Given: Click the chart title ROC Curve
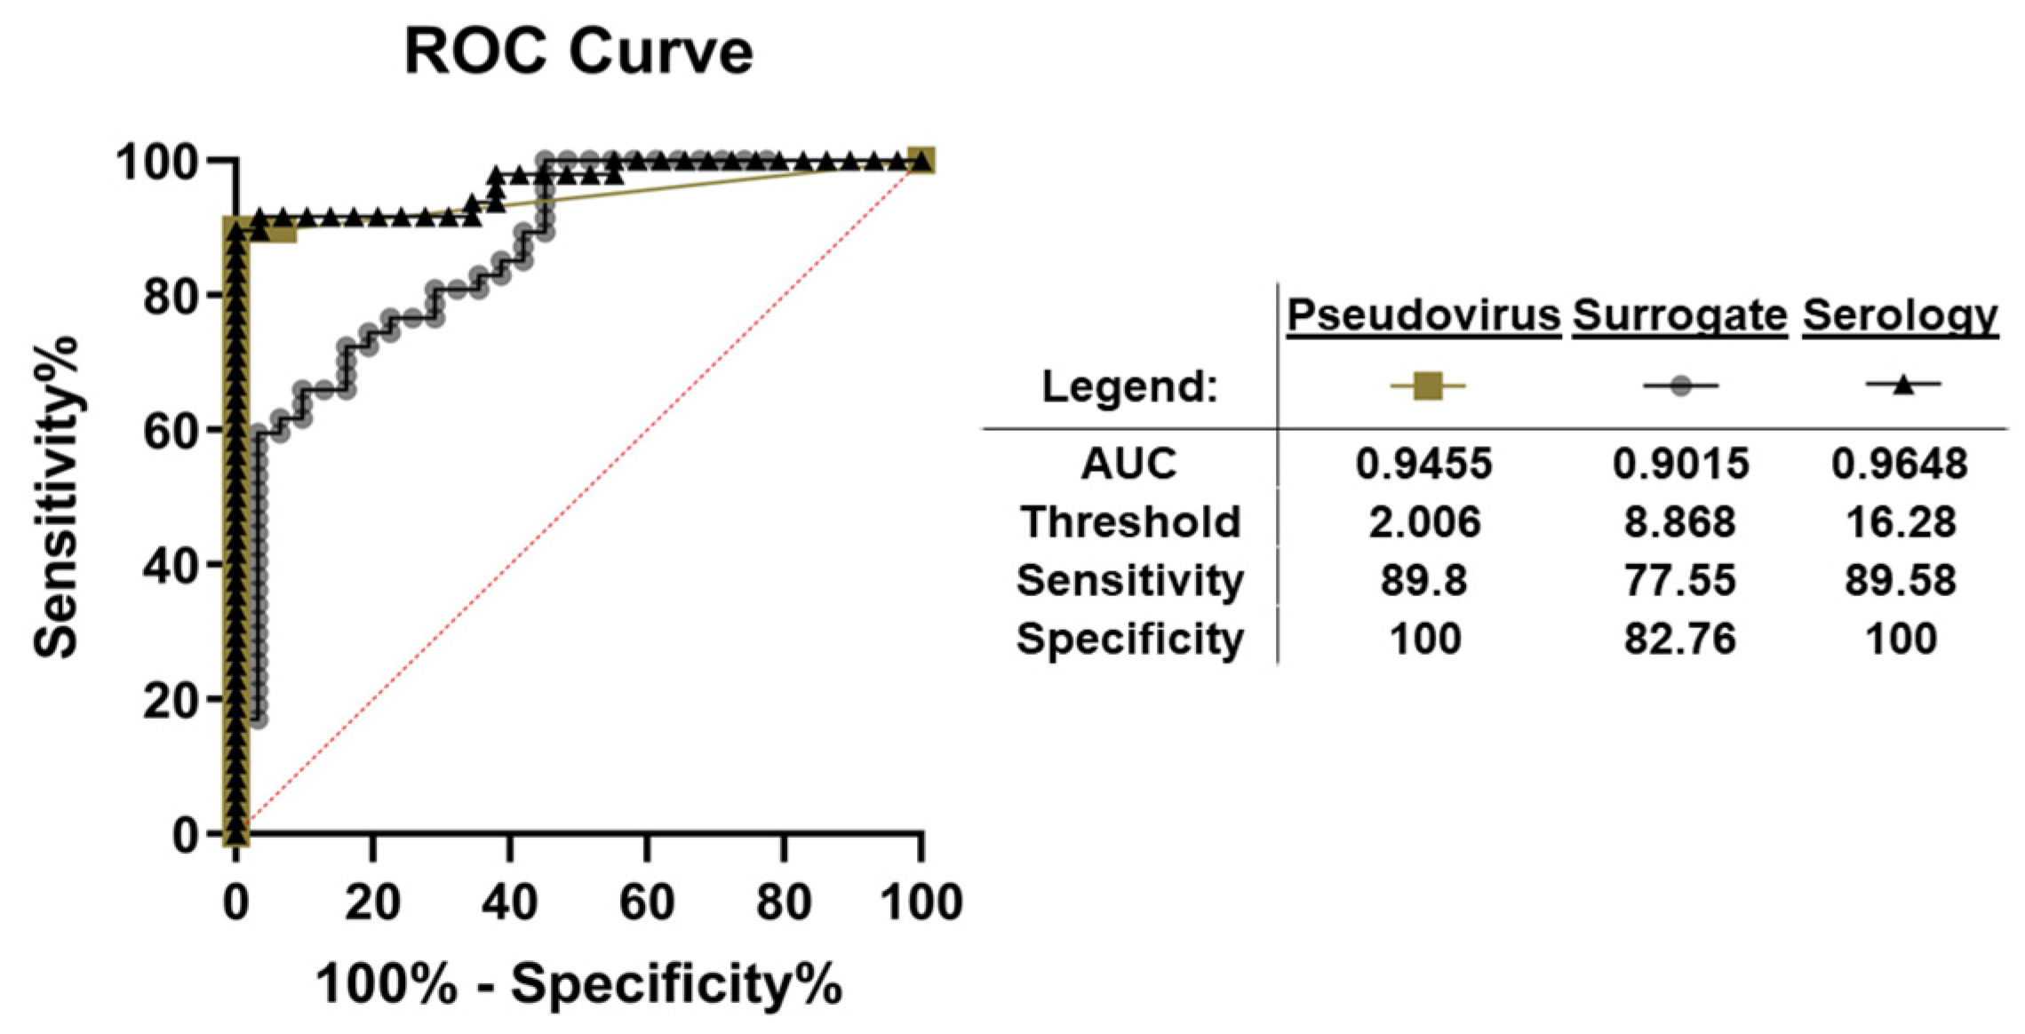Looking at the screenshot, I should click(x=578, y=52).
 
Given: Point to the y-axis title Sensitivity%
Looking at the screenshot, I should click(x=55, y=497).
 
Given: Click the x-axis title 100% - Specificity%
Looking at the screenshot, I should click(x=578, y=984).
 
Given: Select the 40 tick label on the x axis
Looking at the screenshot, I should click(x=509, y=903).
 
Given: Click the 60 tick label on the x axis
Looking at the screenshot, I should click(x=646, y=903).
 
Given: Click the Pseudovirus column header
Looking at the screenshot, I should click(x=1423, y=315).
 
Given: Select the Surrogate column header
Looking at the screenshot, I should click(x=1679, y=315).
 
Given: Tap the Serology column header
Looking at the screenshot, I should click(x=1900, y=315).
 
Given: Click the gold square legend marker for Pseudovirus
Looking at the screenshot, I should click(x=1427, y=386).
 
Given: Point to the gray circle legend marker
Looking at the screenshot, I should click(x=1680, y=386).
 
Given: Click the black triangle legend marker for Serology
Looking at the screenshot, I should click(x=1902, y=385).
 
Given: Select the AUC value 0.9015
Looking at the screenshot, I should click(x=1680, y=464).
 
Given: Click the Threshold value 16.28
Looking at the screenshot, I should click(x=1901, y=522).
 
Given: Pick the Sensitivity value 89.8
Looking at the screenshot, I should click(x=1423, y=581).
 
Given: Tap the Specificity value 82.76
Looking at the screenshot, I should click(x=1679, y=640).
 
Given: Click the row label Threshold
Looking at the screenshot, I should click(x=1129, y=522).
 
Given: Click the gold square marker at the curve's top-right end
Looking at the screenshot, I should click(x=921, y=161).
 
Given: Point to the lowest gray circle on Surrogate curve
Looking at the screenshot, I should click(x=259, y=719).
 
